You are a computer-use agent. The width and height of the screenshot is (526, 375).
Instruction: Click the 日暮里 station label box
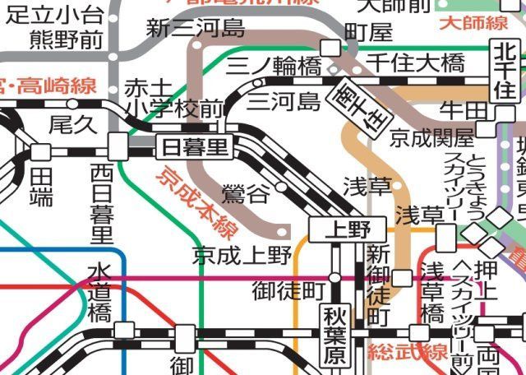pyautogui.click(x=194, y=148)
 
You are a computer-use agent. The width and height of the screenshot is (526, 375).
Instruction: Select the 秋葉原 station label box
pyautogui.click(x=335, y=336)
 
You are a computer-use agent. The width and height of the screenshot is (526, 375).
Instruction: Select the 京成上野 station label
pyautogui.click(x=243, y=255)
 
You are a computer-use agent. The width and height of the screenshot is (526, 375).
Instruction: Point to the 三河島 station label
pyautogui.click(x=284, y=102)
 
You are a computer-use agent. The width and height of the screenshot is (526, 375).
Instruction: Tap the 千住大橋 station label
pyautogui.click(x=415, y=62)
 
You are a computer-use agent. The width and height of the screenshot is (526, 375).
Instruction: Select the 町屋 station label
pyautogui.click(x=369, y=32)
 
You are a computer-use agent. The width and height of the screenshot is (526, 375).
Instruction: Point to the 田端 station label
pyautogui.click(x=41, y=186)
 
